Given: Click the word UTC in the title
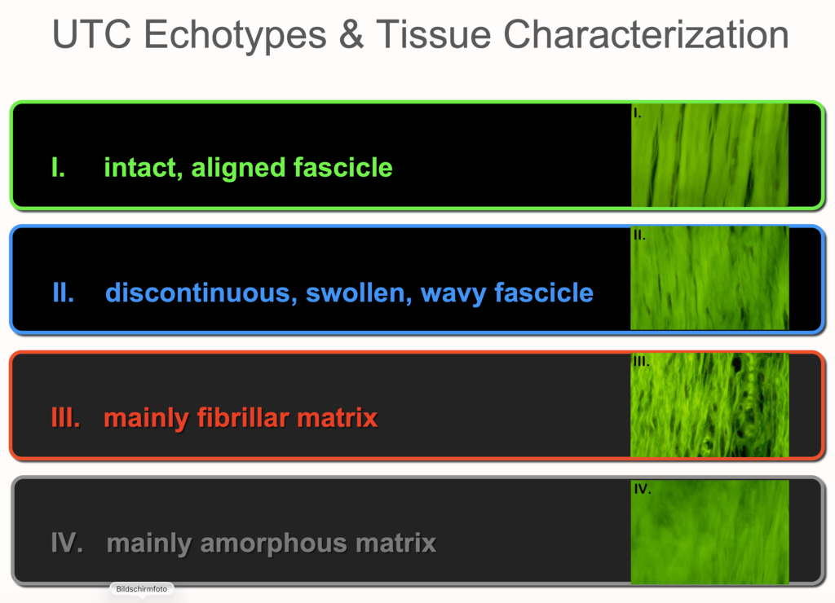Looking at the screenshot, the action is pyautogui.click(x=91, y=35).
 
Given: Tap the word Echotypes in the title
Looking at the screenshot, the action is pyautogui.click(x=235, y=36).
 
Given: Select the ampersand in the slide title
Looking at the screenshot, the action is pyautogui.click(x=351, y=35).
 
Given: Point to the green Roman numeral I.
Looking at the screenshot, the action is pyautogui.click(x=58, y=167).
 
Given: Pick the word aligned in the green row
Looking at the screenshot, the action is pyautogui.click(x=239, y=168).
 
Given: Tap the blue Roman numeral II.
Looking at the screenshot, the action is pyautogui.click(x=63, y=293).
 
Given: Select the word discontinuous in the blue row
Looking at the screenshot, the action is pyautogui.click(x=201, y=293).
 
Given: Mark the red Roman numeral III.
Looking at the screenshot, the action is pyautogui.click(x=66, y=418).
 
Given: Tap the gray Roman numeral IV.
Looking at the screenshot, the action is pyautogui.click(x=67, y=543).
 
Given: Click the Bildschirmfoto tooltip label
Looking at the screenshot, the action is pyautogui.click(x=142, y=588).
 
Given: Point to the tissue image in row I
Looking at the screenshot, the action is pyautogui.click(x=709, y=155).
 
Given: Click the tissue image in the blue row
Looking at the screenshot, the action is pyautogui.click(x=709, y=278).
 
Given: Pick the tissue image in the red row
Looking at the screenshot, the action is pyautogui.click(x=709, y=404).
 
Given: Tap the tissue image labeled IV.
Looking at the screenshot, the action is pyautogui.click(x=709, y=532).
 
